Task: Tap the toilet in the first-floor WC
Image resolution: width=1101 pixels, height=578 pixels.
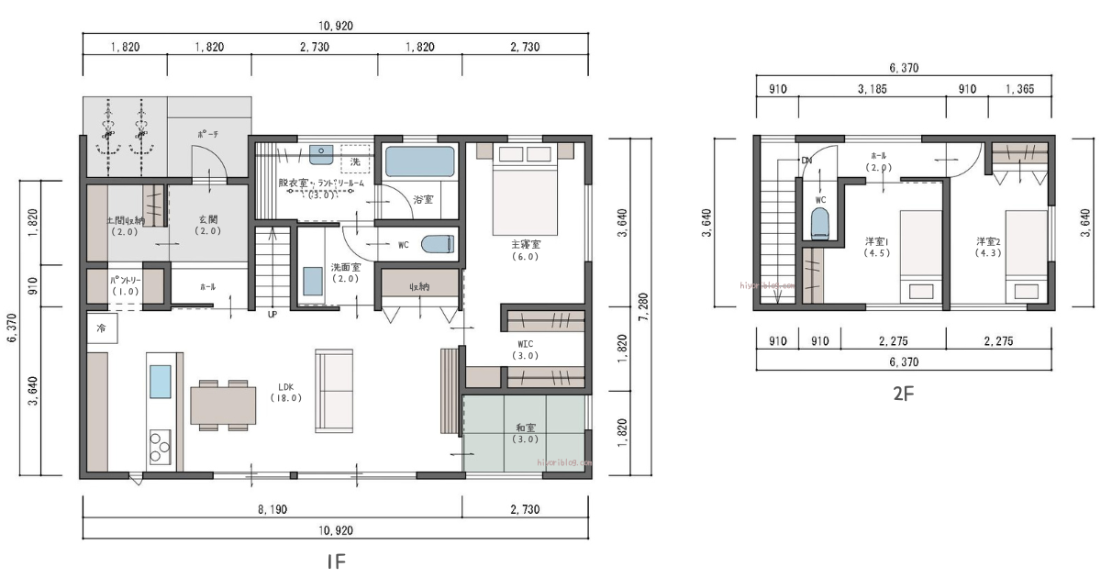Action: point(437,244)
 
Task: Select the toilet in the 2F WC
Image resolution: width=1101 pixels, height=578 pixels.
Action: point(819,223)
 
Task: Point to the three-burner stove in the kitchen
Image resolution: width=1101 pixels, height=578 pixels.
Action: point(159,449)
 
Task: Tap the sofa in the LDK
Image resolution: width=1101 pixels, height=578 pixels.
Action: point(334,390)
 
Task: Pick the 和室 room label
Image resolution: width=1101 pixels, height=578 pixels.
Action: point(526,427)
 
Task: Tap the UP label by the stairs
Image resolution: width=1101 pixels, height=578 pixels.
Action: point(272,315)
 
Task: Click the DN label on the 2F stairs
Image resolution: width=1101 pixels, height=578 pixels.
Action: point(806,161)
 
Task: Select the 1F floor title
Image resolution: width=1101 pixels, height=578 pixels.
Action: point(336,561)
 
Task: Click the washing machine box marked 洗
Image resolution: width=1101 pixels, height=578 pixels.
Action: point(355,161)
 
